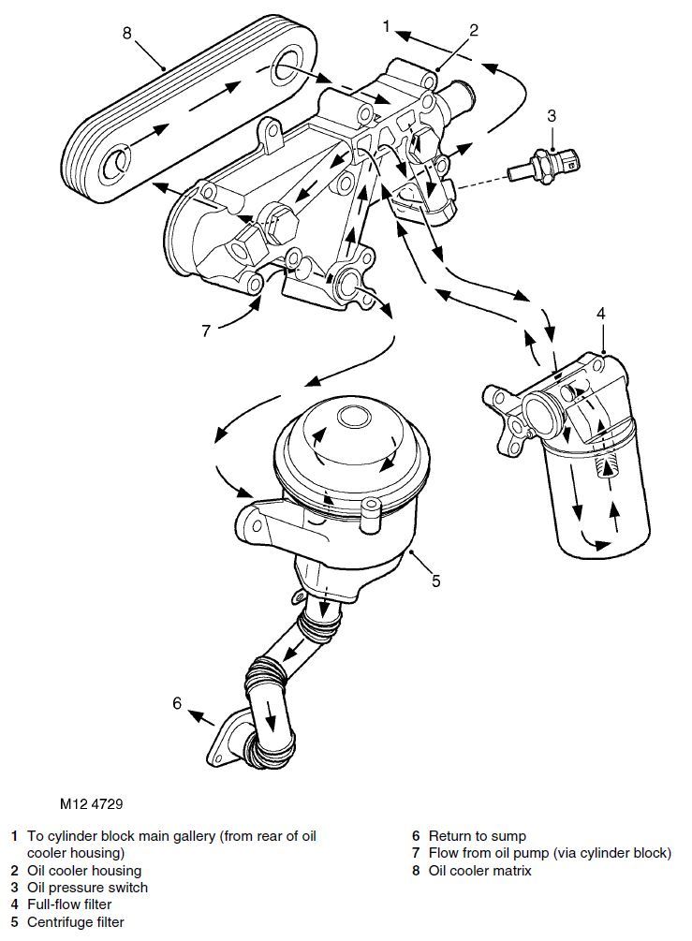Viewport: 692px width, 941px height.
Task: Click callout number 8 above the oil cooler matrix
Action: pos(127,34)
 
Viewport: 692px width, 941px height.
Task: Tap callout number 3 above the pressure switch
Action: pos(552,116)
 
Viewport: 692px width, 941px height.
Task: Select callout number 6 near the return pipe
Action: pos(176,703)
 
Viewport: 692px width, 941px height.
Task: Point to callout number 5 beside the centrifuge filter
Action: pos(435,581)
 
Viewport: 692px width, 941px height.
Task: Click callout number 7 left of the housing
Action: pos(207,330)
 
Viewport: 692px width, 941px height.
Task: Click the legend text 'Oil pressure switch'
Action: pos(87,887)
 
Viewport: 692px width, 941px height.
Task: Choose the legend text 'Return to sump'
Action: pos(478,835)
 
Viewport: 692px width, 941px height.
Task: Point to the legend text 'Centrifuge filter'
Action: pos(75,921)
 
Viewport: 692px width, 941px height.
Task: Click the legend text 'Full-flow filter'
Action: pos(69,904)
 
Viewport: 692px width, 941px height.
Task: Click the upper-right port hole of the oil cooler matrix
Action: pos(285,68)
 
